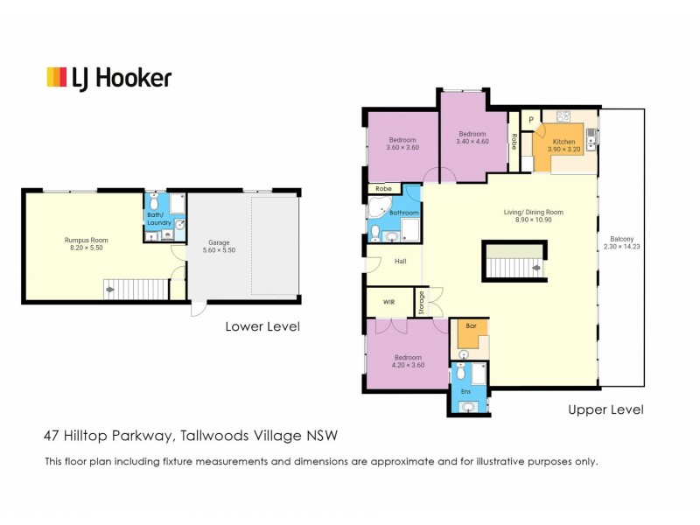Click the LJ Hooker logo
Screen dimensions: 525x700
click(108, 78)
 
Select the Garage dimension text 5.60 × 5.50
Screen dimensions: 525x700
click(219, 250)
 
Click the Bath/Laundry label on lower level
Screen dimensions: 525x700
click(158, 220)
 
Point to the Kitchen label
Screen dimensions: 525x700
click(563, 141)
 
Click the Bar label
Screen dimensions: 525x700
click(470, 326)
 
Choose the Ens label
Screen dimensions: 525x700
click(465, 391)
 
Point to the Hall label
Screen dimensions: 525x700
click(400, 261)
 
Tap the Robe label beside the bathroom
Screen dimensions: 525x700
click(382, 188)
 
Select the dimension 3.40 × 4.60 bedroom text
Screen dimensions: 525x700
click(472, 141)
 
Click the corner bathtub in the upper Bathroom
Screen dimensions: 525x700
click(380, 208)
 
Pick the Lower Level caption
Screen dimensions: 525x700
click(262, 326)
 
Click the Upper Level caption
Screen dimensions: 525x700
click(605, 409)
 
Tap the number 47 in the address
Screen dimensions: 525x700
click(52, 435)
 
